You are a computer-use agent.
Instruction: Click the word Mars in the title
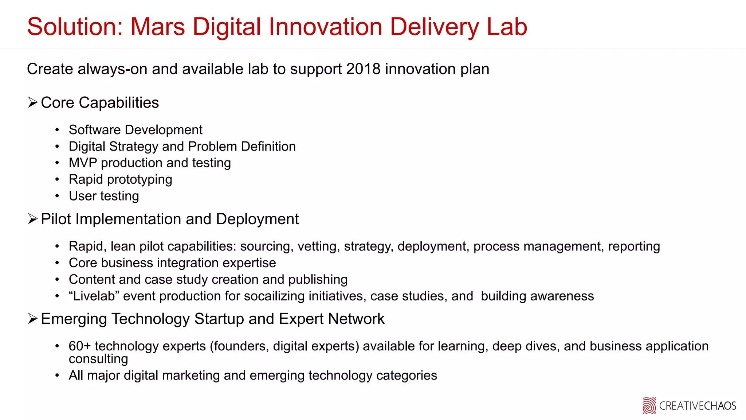[158, 27]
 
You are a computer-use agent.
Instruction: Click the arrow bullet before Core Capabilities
[33, 103]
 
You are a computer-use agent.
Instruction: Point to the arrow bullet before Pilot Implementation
[33, 219]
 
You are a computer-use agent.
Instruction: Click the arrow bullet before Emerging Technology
[33, 319]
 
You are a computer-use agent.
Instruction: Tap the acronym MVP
[83, 163]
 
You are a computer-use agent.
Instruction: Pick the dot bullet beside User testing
[57, 197]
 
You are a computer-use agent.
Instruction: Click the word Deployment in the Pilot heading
[257, 219]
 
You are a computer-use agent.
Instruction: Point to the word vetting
[319, 247]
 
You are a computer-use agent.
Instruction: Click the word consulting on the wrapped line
[98, 359]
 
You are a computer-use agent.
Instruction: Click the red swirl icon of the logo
[649, 406]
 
